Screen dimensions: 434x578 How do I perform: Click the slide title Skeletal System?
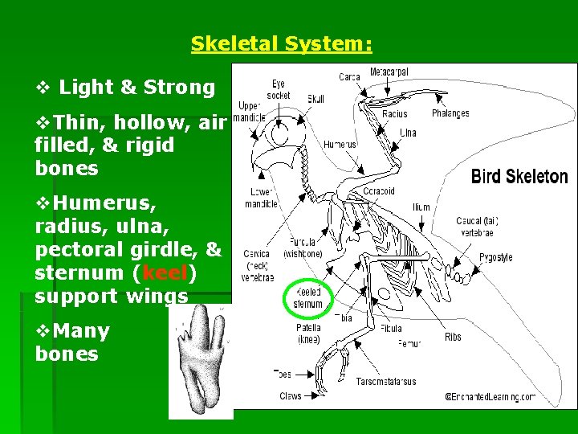pos(281,44)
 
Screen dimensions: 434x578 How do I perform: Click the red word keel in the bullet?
pos(164,272)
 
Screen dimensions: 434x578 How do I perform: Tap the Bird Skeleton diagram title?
pos(519,177)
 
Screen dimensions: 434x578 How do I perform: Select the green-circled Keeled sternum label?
pos(308,298)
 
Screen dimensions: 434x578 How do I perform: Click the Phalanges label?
pos(450,114)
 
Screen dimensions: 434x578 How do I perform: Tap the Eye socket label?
pos(278,89)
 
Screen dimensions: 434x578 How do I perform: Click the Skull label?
pos(315,99)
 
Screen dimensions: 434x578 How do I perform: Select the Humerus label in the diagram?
pos(340,145)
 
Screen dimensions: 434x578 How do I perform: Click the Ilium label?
pos(421,207)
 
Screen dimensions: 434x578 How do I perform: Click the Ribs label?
pos(453,337)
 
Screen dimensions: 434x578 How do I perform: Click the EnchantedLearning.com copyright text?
pos(490,396)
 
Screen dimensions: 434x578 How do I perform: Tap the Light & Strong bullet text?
pos(136,87)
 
